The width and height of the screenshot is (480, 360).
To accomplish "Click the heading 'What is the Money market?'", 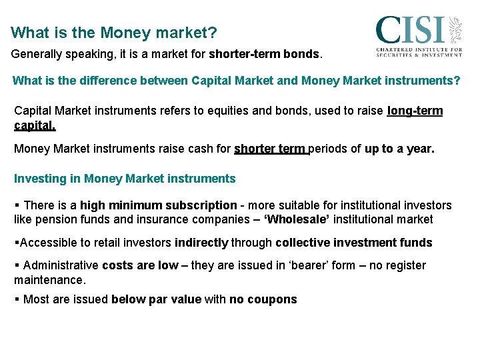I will [x=114, y=32].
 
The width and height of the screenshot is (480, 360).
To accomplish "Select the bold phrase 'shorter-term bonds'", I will [x=264, y=53].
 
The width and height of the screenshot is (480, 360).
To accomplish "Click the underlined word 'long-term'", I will [x=415, y=111].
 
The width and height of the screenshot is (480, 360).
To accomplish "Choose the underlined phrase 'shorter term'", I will [x=270, y=149].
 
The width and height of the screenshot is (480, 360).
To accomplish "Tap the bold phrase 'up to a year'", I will [x=398, y=149].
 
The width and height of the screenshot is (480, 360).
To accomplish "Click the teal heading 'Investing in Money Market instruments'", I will [x=125, y=179].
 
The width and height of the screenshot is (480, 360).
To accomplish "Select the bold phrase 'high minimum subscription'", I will [x=159, y=205].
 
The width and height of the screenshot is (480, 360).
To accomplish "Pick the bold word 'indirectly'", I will [x=202, y=243].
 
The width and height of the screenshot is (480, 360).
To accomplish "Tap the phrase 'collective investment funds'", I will [x=354, y=243].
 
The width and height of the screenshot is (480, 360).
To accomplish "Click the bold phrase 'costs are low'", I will [x=140, y=265].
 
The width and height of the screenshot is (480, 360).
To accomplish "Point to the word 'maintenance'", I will [x=49, y=279].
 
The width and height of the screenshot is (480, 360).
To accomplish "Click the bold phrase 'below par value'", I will [x=156, y=299].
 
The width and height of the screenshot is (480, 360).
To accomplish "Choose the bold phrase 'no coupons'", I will [x=263, y=299].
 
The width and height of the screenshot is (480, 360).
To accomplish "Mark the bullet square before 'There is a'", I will [x=17, y=205].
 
